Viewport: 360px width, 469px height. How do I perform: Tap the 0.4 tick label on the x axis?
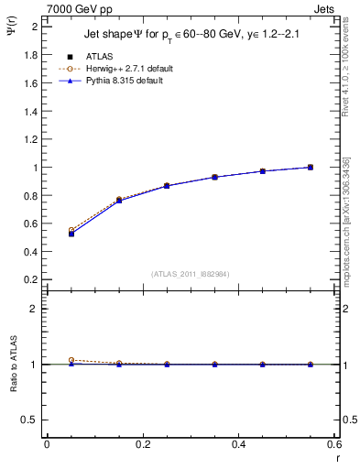[x=240, y=444]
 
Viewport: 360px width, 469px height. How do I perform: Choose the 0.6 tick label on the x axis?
[x=334, y=444]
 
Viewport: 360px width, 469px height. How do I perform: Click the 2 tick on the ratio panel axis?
[x=35, y=309]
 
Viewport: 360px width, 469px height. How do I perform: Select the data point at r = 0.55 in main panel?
[x=311, y=168]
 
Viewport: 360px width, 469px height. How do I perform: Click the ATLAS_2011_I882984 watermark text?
[x=191, y=274]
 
